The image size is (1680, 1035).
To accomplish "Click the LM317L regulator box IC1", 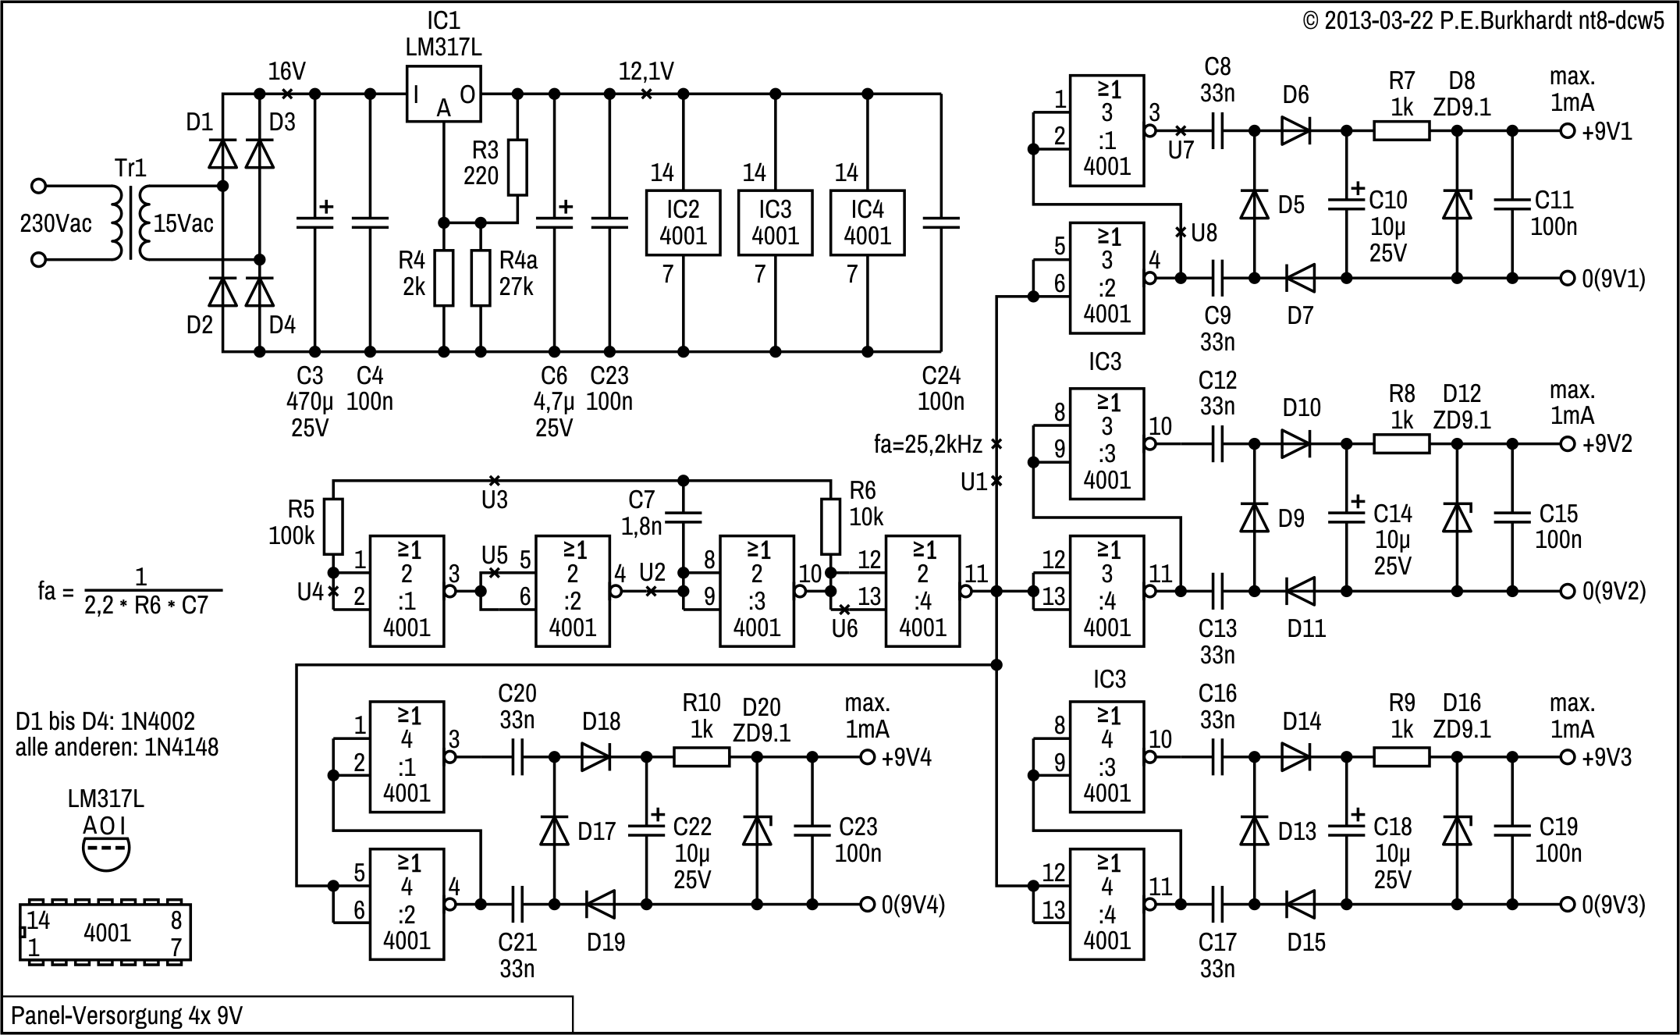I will coord(443,94).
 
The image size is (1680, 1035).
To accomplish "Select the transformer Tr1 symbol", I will coord(130,222).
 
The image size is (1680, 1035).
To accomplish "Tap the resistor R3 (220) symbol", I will coord(517,167).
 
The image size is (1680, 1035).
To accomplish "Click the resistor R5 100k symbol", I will coord(333,527).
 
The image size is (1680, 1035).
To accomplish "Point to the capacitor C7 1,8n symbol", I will coord(684,516).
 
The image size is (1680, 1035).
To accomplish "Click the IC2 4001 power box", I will coord(683,222).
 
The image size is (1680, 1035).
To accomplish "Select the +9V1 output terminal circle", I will coord(1567,131).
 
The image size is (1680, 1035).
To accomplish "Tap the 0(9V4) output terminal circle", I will coord(867,905).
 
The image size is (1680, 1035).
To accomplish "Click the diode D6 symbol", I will coord(1295,131).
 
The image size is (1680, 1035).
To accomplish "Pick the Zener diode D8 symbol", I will coord(1457,205).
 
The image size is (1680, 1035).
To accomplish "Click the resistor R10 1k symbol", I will coord(701,757).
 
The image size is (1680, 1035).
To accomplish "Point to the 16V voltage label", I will coord(286,72).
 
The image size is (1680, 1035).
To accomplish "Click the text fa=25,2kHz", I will coord(928,445).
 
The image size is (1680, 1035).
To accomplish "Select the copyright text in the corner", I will coord(1483,21).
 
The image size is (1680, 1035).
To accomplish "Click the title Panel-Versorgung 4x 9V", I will coord(126,1015).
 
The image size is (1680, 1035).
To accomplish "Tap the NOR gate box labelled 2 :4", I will coord(922,591).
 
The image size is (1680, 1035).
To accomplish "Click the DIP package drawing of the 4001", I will coord(105,933).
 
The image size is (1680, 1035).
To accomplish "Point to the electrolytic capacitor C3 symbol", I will coord(314,223).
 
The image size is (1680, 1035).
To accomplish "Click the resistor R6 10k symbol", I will coord(830,527).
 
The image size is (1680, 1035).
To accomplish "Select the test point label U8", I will coord(1203,233).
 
